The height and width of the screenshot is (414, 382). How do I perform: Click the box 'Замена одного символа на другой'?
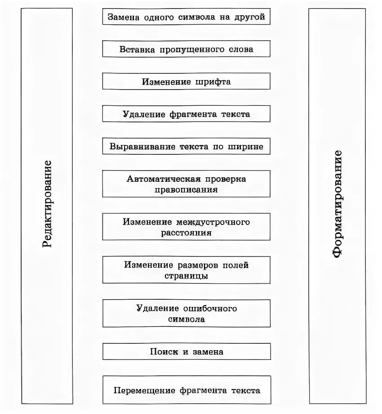187,17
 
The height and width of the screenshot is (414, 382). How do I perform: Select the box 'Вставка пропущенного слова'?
187,49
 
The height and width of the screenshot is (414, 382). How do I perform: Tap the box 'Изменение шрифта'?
187,81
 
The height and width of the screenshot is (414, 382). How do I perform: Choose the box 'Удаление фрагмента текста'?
187,114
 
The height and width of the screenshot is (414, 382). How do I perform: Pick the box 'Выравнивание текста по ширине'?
187,146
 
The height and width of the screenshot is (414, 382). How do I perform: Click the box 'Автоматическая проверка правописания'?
187,184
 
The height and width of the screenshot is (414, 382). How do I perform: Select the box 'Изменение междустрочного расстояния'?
187,227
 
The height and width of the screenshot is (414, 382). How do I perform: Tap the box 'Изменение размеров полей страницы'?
187,270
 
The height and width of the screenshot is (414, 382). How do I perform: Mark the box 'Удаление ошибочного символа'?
187,313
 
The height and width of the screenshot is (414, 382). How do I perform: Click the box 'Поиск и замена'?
187,351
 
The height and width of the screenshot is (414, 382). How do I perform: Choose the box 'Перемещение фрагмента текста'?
187,390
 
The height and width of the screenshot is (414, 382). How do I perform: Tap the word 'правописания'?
187,189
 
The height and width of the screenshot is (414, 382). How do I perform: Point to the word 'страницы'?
187,276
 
